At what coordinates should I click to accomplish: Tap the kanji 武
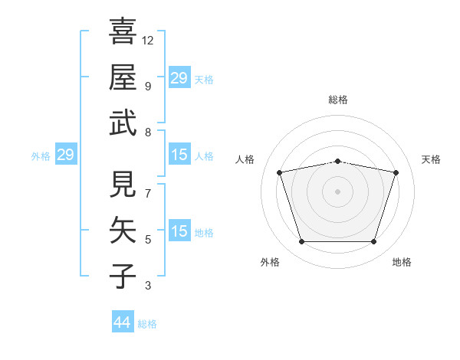123,123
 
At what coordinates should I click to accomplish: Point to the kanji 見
123,185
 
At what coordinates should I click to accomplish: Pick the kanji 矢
123,230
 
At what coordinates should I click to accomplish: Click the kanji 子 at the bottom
123,276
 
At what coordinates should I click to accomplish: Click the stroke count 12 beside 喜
148,40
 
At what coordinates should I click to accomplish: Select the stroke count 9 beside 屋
147,86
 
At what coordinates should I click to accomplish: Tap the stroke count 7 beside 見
147,194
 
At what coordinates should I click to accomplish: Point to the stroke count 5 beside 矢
147,240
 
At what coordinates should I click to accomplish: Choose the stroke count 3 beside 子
147,286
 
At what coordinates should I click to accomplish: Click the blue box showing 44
122,322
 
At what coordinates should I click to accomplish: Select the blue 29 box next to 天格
179,78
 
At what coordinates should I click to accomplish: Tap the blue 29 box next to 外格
65,155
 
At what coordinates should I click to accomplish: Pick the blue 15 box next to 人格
179,155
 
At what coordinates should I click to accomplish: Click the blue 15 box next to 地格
179,232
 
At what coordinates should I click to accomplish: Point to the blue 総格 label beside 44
147,324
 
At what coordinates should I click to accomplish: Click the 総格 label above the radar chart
338,100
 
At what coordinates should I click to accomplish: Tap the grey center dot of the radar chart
338,191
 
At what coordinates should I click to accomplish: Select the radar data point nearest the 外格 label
301,242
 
